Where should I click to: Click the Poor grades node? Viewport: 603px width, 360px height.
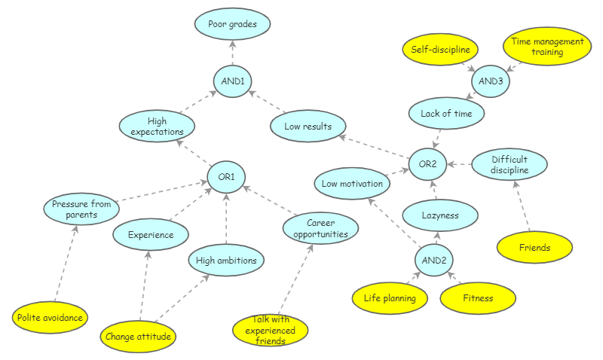pos(232,24)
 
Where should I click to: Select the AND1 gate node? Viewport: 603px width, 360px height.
pos(232,81)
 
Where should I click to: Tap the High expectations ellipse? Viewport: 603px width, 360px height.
pos(157,126)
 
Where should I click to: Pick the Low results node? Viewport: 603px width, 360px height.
pos(308,126)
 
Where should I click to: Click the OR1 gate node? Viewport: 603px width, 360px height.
pos(227,178)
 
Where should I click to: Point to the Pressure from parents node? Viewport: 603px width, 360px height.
pos(81,209)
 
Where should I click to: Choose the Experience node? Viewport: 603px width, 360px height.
pos(150,235)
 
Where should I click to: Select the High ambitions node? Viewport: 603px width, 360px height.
pos(226,261)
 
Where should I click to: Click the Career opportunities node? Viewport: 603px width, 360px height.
pos(321,228)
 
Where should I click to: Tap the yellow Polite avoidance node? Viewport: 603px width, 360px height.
pos(50,317)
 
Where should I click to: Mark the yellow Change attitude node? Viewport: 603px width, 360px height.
pos(138,336)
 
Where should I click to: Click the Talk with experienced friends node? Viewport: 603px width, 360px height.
pos(270,330)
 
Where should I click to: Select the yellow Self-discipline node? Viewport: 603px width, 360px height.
pos(440,50)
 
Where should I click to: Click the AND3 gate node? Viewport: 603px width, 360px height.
pos(490,81)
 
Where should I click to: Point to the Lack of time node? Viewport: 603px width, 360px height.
pos(446,114)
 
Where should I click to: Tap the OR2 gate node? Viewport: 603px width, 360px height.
pos(428,163)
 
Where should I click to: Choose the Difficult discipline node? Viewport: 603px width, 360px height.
pos(510,165)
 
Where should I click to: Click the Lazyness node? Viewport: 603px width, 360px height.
pos(440,215)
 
